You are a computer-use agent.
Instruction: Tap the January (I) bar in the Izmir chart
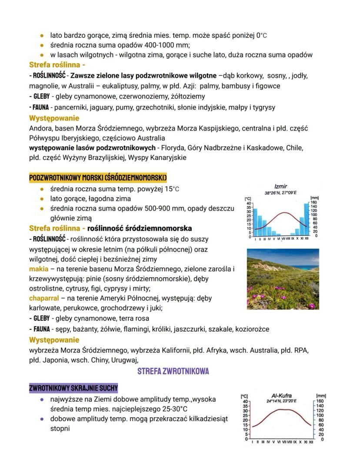[x=255, y=222]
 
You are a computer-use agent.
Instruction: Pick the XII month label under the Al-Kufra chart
[x=311, y=442]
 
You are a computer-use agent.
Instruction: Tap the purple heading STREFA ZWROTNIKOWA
[x=173, y=371]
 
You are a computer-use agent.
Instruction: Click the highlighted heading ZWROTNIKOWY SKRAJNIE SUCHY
[x=73, y=388]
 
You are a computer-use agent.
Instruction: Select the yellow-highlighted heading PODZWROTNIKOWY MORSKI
[x=98, y=178]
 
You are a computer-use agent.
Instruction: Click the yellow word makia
[x=39, y=269]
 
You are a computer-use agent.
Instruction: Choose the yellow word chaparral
[x=43, y=298]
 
